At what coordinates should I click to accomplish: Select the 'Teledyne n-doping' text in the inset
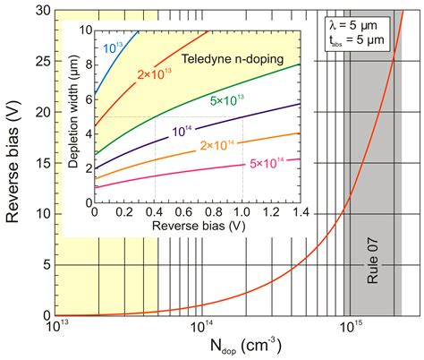pyautogui.click(x=241, y=59)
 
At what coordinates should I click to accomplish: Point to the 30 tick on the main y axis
pyautogui.click(x=40, y=10)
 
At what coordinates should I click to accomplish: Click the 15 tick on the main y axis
pyautogui.click(x=40, y=163)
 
